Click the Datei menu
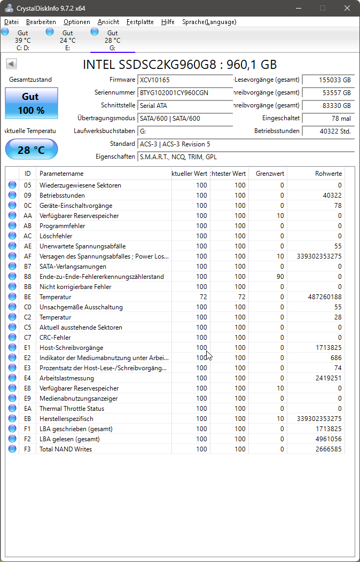(x=11, y=22)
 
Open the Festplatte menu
(x=140, y=22)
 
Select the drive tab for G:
(x=112, y=41)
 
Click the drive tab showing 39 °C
(x=22, y=41)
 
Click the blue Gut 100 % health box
(x=31, y=103)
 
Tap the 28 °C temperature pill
(x=31, y=150)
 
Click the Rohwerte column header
(x=328, y=174)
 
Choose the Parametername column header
(x=61, y=174)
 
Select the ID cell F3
(x=28, y=449)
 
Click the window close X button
(x=347, y=8)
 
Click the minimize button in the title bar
(x=298, y=8)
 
